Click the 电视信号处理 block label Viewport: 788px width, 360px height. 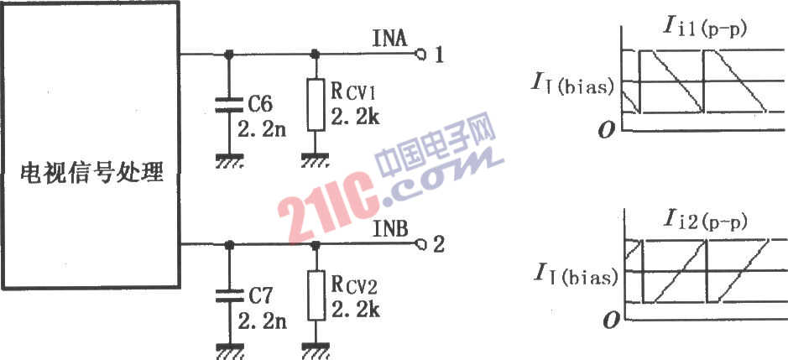91,174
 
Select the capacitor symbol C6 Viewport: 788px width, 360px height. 229,104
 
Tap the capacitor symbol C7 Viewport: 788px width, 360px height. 229,296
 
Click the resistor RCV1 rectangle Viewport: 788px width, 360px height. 316,104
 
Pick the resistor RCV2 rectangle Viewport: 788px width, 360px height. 316,295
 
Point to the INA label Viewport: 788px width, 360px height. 390,39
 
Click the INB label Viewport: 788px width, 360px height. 391,230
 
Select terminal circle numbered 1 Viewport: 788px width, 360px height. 420,54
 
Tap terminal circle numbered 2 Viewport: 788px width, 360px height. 420,245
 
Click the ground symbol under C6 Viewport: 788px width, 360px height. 229,161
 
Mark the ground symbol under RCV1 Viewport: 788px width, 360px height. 316,161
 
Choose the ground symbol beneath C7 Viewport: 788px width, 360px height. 229,352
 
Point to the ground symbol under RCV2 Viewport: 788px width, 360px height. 316,352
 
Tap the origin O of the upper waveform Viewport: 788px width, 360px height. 606,130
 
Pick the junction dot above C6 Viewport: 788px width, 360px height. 229,54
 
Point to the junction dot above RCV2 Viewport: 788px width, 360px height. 316,245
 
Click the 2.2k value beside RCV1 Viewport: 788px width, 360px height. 355,118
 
